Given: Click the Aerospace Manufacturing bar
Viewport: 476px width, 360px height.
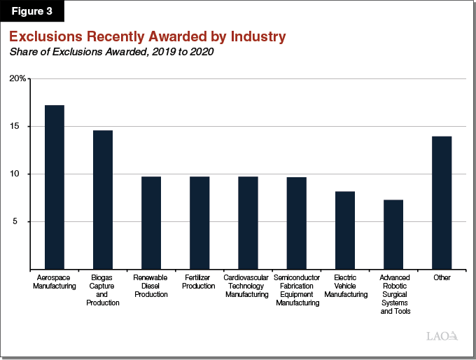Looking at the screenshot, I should pyautogui.click(x=55, y=187).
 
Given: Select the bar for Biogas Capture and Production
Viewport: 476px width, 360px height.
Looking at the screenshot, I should pyautogui.click(x=103, y=200).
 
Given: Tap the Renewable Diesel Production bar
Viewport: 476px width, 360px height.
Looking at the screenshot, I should pyautogui.click(x=151, y=223).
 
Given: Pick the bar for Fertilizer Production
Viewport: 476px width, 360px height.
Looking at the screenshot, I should pyautogui.click(x=199, y=223).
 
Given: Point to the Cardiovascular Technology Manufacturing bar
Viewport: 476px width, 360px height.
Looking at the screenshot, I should pyautogui.click(x=248, y=223).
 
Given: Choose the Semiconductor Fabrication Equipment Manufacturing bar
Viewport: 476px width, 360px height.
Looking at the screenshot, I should pyautogui.click(x=296, y=223).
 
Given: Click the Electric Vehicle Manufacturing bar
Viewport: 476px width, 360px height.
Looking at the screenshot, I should pyautogui.click(x=345, y=230).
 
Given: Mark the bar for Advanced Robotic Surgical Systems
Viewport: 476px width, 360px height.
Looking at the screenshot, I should pyautogui.click(x=393, y=235).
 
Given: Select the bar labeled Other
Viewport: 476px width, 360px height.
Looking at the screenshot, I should pyautogui.click(x=442, y=202).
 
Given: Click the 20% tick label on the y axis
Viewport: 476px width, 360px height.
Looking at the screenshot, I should pyautogui.click(x=17, y=79).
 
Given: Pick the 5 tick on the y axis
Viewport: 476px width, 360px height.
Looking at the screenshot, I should pyautogui.click(x=21, y=222).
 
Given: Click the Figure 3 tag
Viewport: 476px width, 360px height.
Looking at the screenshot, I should pyautogui.click(x=34, y=11).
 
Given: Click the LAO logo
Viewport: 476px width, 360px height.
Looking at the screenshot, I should pyautogui.click(x=442, y=336).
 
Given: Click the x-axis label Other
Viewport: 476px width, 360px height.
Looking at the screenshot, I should pyautogui.click(x=442, y=278).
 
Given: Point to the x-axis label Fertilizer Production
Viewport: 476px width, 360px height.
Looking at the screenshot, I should pyautogui.click(x=199, y=282).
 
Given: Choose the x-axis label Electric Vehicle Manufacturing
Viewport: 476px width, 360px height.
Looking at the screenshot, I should pyautogui.click(x=345, y=286).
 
